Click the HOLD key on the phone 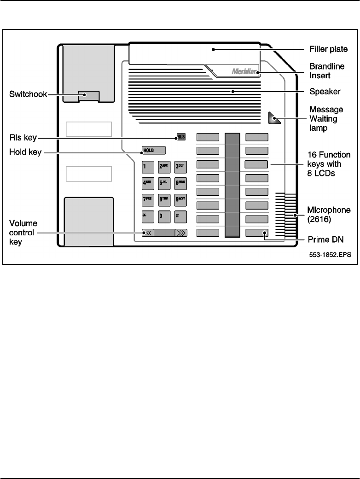(x=154, y=150)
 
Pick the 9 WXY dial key (x=180, y=199)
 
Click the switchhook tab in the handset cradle (x=88, y=95)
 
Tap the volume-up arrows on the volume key (x=182, y=233)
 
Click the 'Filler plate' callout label (x=328, y=49)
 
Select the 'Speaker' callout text (x=325, y=92)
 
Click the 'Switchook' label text (x=28, y=95)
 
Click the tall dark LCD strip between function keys (x=232, y=185)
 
